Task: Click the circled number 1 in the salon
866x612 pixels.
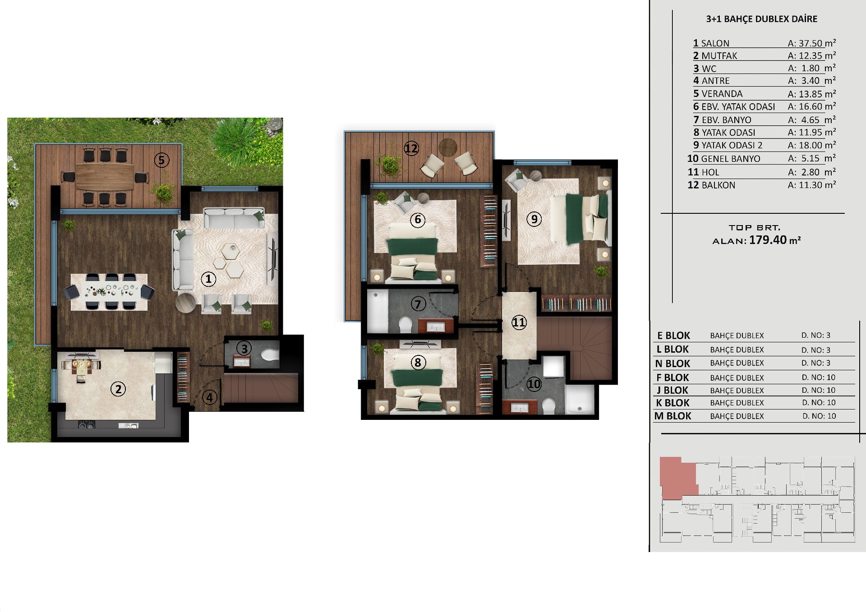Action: pos(208,279)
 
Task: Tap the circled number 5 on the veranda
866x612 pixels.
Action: pos(161,160)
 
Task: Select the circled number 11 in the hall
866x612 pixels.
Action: pos(519,322)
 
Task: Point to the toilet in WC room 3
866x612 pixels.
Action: pos(270,354)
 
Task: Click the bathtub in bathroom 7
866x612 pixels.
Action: pos(378,311)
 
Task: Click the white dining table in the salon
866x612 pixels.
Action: pos(110,292)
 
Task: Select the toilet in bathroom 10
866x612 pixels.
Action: pos(548,405)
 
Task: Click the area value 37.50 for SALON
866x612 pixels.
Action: pos(811,43)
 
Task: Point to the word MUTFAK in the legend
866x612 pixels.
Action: pos(719,56)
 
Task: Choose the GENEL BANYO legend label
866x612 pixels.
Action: pos(731,159)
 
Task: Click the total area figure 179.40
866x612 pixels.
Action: pos(768,240)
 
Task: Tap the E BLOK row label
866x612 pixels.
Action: pos(674,336)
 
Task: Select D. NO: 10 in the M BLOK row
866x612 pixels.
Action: pos(819,416)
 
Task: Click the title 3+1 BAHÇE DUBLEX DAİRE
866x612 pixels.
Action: pos(762,19)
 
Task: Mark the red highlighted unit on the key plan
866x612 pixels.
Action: pos(677,477)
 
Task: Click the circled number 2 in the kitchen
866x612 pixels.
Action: pos(118,389)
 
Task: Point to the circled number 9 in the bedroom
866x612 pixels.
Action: pos(534,219)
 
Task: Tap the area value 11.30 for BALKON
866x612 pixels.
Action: pos(811,185)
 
